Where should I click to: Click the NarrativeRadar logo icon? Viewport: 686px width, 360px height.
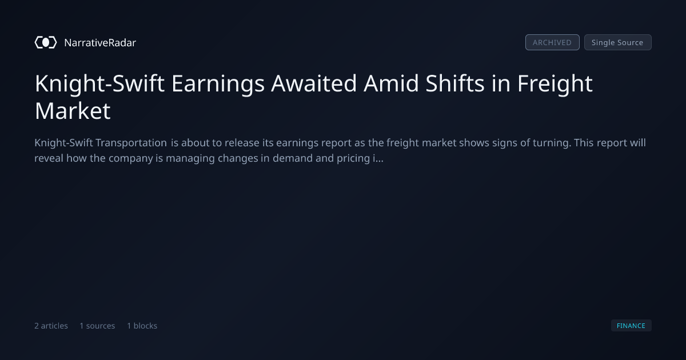pyautogui.click(x=46, y=42)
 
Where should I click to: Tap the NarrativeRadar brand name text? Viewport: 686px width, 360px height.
pyautogui.click(x=100, y=43)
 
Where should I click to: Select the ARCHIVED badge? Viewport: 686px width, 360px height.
pyautogui.click(x=552, y=42)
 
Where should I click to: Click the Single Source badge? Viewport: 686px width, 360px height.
pyautogui.click(x=618, y=42)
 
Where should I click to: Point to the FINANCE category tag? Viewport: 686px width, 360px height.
pyautogui.click(x=631, y=325)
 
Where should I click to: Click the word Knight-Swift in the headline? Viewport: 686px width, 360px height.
pyautogui.click(x=99, y=84)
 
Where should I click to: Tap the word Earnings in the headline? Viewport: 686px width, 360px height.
pyautogui.click(x=218, y=84)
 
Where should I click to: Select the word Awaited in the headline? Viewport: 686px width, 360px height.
pyautogui.click(x=314, y=83)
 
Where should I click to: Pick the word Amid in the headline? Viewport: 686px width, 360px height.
pyautogui.click(x=391, y=83)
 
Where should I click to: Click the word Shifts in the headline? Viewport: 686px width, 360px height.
pyautogui.click(x=455, y=83)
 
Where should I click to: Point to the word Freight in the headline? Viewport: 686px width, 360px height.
pyautogui.click(x=555, y=84)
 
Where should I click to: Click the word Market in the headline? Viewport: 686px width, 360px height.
pyautogui.click(x=73, y=111)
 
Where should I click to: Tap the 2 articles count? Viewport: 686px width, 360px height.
pyautogui.click(x=51, y=326)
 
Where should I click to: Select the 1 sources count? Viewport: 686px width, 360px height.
pyautogui.click(x=97, y=326)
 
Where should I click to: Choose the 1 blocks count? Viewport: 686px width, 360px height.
pyautogui.click(x=142, y=326)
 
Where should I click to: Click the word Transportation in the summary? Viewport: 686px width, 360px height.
pyautogui.click(x=131, y=143)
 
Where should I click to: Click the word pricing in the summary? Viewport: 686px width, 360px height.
pyautogui.click(x=353, y=159)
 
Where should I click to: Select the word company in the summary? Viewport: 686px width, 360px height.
pyautogui.click(x=131, y=159)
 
